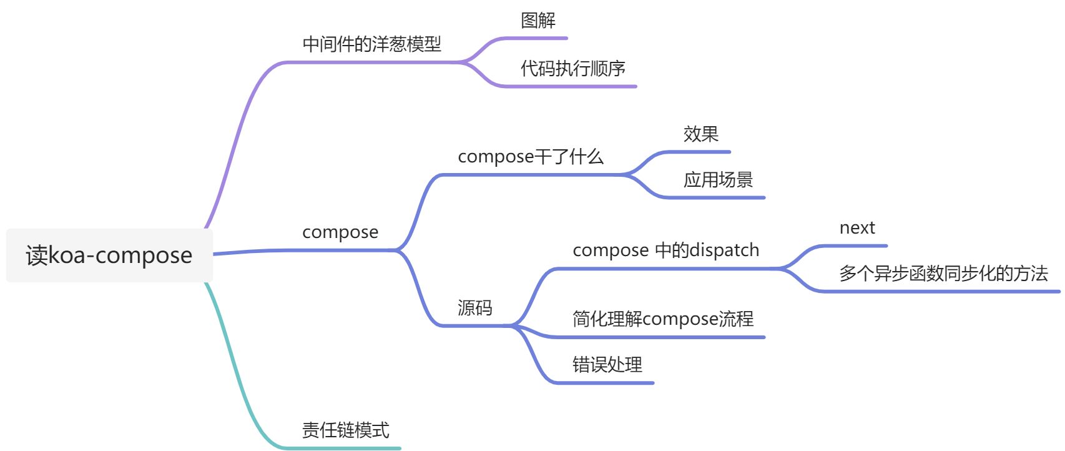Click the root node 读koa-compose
(109, 255)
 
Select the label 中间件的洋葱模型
(371, 44)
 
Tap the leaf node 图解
(537, 21)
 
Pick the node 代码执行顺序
(572, 68)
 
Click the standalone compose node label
(340, 232)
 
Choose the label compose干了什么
(531, 156)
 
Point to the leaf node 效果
(700, 134)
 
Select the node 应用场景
(718, 180)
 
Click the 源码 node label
(474, 307)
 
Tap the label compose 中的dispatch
(665, 250)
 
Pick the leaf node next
(857, 228)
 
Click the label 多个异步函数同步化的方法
(943, 274)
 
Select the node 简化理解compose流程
(663, 319)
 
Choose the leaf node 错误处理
(607, 365)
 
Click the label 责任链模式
(345, 430)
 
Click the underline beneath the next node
(855, 246)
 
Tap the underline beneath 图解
(537, 38)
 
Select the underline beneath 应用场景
(718, 197)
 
